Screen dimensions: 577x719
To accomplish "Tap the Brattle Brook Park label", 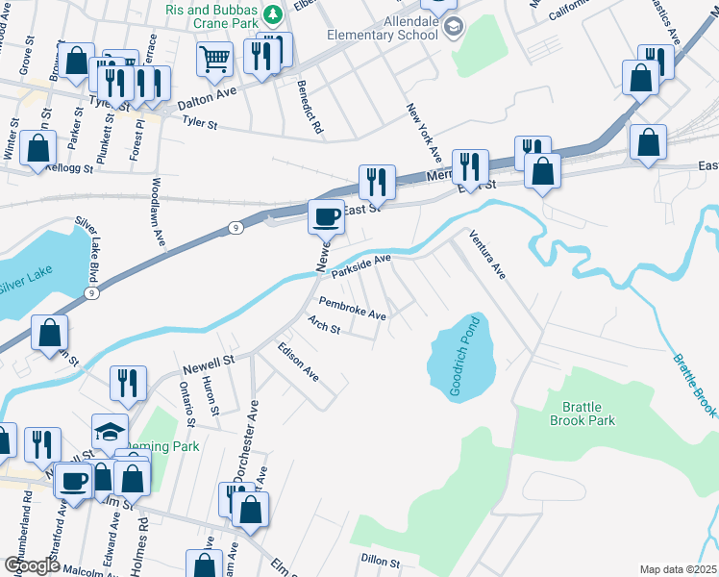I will click(x=583, y=414).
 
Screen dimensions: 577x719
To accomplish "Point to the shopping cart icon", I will click(x=214, y=58).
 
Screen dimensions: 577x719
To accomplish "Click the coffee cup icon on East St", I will click(x=326, y=215).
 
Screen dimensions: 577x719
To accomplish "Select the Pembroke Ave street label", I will click(x=352, y=309).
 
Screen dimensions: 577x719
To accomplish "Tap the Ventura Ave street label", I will click(x=486, y=254).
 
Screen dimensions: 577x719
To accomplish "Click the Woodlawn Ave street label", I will click(x=158, y=212).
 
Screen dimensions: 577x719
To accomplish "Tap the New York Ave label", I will click(x=423, y=133).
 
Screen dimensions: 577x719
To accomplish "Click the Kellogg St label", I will click(x=73, y=167).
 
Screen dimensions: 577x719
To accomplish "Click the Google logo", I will click(x=32, y=565).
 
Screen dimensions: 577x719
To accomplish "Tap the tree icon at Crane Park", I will click(x=272, y=14).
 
